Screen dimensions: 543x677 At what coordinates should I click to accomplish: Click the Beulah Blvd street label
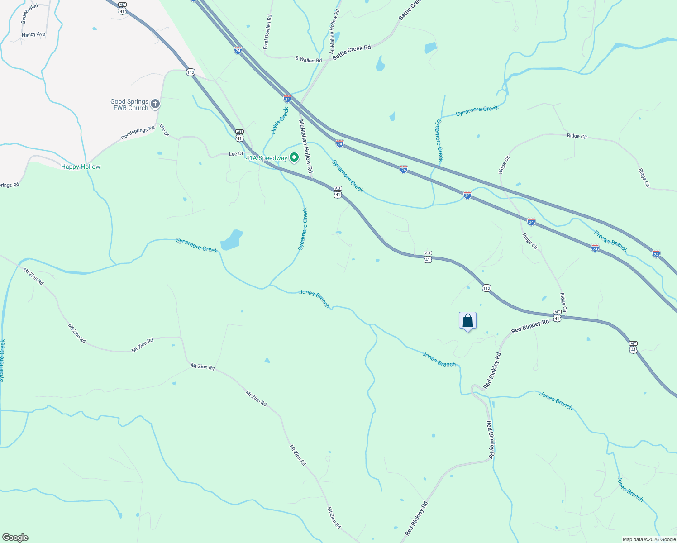[x=30, y=14]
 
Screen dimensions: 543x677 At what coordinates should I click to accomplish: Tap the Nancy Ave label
[x=33, y=34]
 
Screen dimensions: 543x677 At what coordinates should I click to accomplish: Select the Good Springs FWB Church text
[x=129, y=105]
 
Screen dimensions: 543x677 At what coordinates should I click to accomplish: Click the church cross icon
[x=155, y=105]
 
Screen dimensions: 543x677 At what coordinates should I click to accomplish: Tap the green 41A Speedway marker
[x=294, y=157]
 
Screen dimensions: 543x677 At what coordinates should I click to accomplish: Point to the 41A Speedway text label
[x=266, y=158]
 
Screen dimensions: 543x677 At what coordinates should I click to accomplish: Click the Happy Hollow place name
[x=81, y=167]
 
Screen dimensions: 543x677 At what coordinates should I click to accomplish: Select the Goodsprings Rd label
[x=138, y=133]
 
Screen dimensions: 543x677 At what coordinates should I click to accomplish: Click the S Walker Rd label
[x=308, y=60]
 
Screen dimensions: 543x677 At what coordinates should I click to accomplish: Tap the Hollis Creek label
[x=280, y=121]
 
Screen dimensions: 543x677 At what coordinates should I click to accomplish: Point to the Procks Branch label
[x=610, y=241]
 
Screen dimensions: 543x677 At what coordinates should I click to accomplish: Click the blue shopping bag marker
[x=468, y=321]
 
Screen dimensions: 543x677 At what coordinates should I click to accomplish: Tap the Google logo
[x=15, y=538]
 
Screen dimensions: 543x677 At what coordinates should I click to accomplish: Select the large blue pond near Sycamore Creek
[x=231, y=241]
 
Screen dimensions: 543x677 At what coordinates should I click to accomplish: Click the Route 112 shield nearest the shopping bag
[x=486, y=288]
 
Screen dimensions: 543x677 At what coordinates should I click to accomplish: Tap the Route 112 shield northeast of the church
[x=191, y=72]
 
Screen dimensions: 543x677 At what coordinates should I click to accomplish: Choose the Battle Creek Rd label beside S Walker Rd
[x=352, y=52]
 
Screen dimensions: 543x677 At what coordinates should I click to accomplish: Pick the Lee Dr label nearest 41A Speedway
[x=236, y=154]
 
